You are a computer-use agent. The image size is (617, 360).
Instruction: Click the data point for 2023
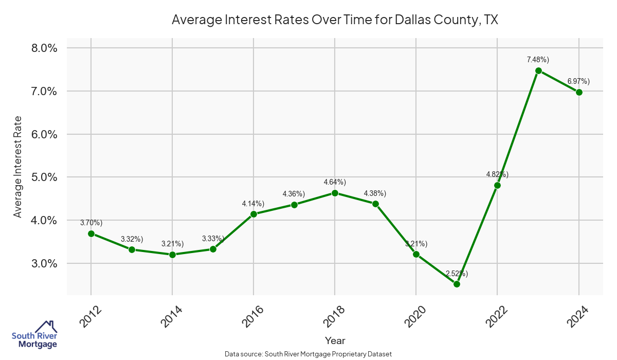[x=538, y=70]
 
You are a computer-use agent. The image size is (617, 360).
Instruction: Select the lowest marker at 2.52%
[x=457, y=284]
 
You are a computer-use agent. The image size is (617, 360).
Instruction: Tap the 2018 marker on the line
[x=335, y=193]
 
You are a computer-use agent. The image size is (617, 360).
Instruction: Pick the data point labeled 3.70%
[x=91, y=233]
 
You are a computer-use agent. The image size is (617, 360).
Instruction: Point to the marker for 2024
[x=579, y=92]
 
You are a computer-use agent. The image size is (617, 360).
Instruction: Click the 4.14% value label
[x=253, y=204]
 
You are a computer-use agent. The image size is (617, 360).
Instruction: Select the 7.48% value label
[x=538, y=60]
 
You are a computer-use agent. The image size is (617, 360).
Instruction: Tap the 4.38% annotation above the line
[x=375, y=193]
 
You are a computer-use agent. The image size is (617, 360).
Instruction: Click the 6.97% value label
[x=578, y=81]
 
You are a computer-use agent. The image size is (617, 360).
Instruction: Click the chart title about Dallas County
[x=335, y=20]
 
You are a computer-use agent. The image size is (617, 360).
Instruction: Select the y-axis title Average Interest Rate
[x=18, y=166]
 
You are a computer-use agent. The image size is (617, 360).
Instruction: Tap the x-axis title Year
[x=335, y=340]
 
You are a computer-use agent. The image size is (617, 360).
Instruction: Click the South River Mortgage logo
[x=34, y=335]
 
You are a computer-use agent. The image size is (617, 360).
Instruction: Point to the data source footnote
[x=308, y=354]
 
